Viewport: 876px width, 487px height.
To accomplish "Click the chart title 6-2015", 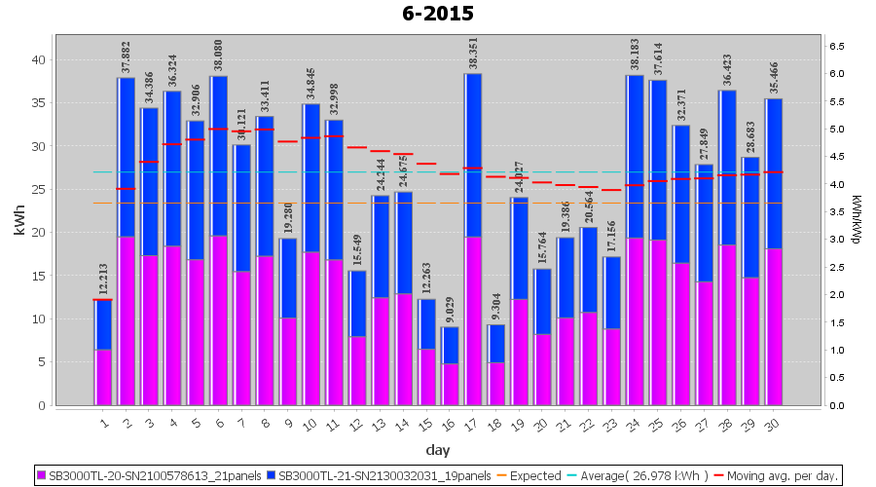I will coord(438,14).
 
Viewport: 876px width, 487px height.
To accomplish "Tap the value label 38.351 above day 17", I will coord(473,56).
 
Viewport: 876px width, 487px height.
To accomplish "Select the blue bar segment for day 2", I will coord(127,157).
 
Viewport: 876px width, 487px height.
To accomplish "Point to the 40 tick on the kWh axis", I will coord(38,59).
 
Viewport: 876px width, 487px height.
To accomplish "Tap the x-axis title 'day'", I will coord(437,449).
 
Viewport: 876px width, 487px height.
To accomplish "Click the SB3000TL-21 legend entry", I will coord(381,476).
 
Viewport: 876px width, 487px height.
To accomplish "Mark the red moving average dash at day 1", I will coord(103,300).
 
